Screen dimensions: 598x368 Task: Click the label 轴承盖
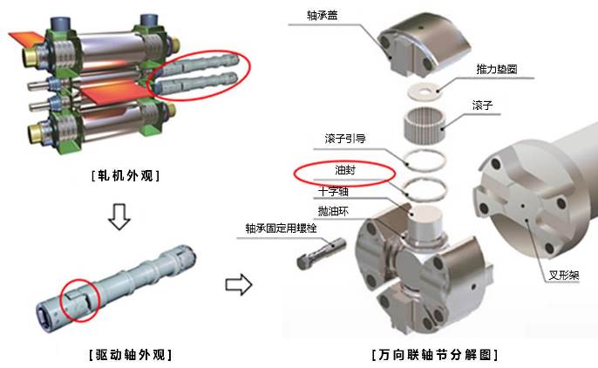pos(322,15)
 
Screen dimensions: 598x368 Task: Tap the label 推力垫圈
pos(497,69)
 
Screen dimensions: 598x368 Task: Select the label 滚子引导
pos(345,139)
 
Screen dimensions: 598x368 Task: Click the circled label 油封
pos(345,170)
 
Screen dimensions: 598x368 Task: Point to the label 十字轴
pos(333,191)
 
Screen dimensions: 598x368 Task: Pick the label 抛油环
pos(333,211)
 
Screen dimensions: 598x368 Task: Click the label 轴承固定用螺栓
pos(281,228)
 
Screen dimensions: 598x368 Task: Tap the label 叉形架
pos(564,275)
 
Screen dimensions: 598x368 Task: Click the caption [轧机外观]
pos(126,175)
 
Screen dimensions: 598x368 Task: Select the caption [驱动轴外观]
pos(131,355)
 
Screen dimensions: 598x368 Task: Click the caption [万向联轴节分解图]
pos(435,355)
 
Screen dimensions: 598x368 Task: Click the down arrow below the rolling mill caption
pos(119,216)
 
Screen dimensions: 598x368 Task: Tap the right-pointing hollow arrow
pos(239,284)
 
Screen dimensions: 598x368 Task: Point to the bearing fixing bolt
pos(321,253)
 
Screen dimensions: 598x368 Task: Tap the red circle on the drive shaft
pos(80,300)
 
